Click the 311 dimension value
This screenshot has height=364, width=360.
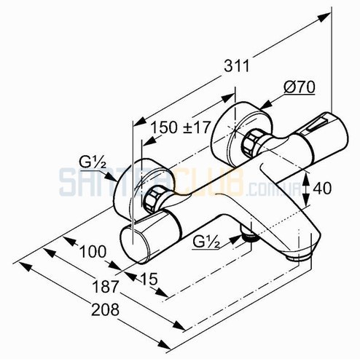pyautogui.click(x=237, y=66)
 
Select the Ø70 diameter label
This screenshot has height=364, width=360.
pyautogui.click(x=300, y=87)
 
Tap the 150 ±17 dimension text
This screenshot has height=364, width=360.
pyautogui.click(x=180, y=127)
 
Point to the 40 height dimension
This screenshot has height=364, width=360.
pyautogui.click(x=322, y=188)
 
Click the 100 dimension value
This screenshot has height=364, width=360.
pyautogui.click(x=93, y=251)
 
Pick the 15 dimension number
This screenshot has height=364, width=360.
pyautogui.click(x=149, y=279)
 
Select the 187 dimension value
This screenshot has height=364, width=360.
pyautogui.click(x=105, y=287)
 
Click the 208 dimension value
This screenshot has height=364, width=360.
pyautogui.click(x=105, y=309)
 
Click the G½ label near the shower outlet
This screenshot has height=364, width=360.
pyautogui.click(x=206, y=242)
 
